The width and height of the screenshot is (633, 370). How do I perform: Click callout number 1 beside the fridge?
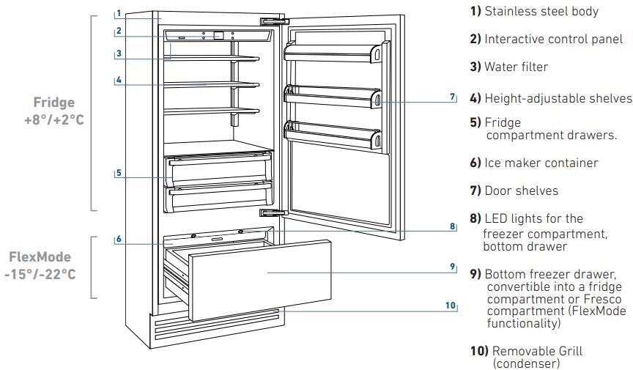pos(118,13)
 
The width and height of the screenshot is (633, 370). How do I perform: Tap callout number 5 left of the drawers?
pos(118,174)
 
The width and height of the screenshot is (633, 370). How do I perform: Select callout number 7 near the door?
pos(453,97)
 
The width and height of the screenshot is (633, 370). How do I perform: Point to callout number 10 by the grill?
pos(450,305)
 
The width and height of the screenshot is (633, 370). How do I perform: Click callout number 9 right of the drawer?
pos(453,266)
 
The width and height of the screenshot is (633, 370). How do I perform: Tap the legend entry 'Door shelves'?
pos(521,190)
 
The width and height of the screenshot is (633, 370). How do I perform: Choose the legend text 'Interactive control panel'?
pos(553,40)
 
